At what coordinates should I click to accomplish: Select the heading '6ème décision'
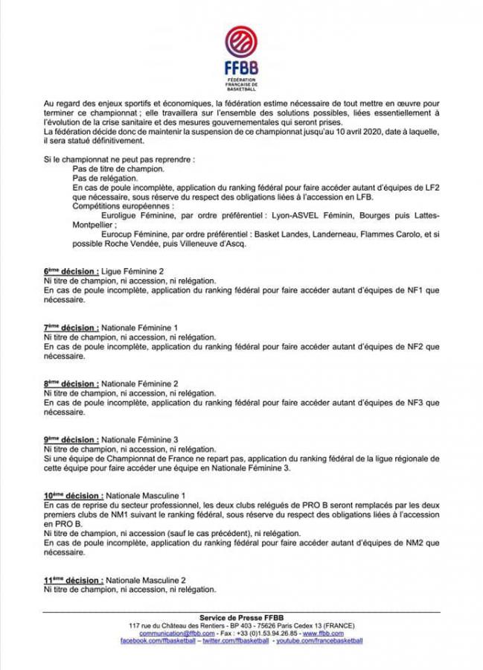click(x=70, y=272)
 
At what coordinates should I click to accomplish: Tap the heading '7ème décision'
click(x=70, y=328)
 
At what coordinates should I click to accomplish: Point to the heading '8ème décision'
click(x=70, y=383)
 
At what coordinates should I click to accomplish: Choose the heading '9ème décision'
click(x=70, y=439)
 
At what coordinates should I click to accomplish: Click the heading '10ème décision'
click(x=73, y=495)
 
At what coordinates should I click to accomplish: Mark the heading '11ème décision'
click(x=73, y=580)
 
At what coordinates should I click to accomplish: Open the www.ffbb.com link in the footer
click(x=342, y=633)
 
